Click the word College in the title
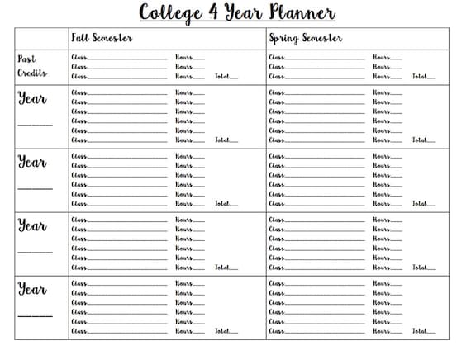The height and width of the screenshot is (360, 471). coord(171,12)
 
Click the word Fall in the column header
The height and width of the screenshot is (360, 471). coord(81,38)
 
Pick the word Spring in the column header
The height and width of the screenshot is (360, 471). coord(283,38)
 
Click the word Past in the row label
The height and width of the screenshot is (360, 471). coord(26,59)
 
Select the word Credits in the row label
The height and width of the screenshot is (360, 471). coord(32,73)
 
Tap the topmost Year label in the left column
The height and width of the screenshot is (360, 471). coord(33,99)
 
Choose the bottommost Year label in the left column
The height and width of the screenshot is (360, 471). coord(33,290)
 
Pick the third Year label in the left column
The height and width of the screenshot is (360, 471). coord(33,226)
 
